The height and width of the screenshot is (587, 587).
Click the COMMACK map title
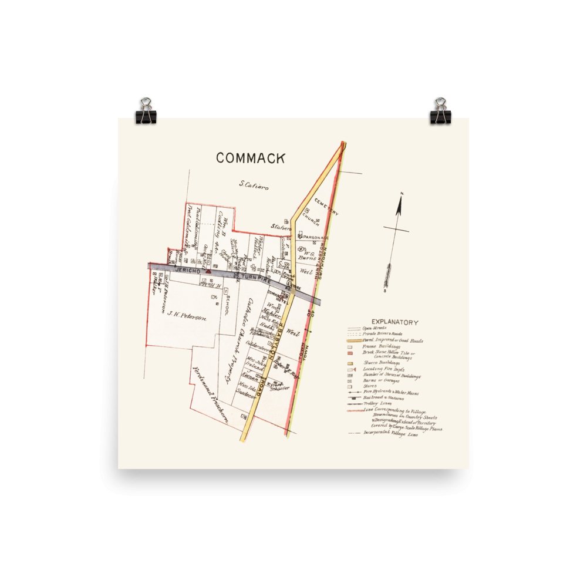coord(251,158)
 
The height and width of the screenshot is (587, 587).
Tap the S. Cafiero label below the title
coord(254,185)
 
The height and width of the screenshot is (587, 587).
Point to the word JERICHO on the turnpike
coord(187,271)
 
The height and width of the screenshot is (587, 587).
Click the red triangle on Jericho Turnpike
coord(208,272)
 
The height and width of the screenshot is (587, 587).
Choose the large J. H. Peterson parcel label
coord(187,317)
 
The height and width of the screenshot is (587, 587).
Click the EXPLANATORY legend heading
coord(395,322)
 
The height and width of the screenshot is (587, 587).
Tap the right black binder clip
coord(440,112)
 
